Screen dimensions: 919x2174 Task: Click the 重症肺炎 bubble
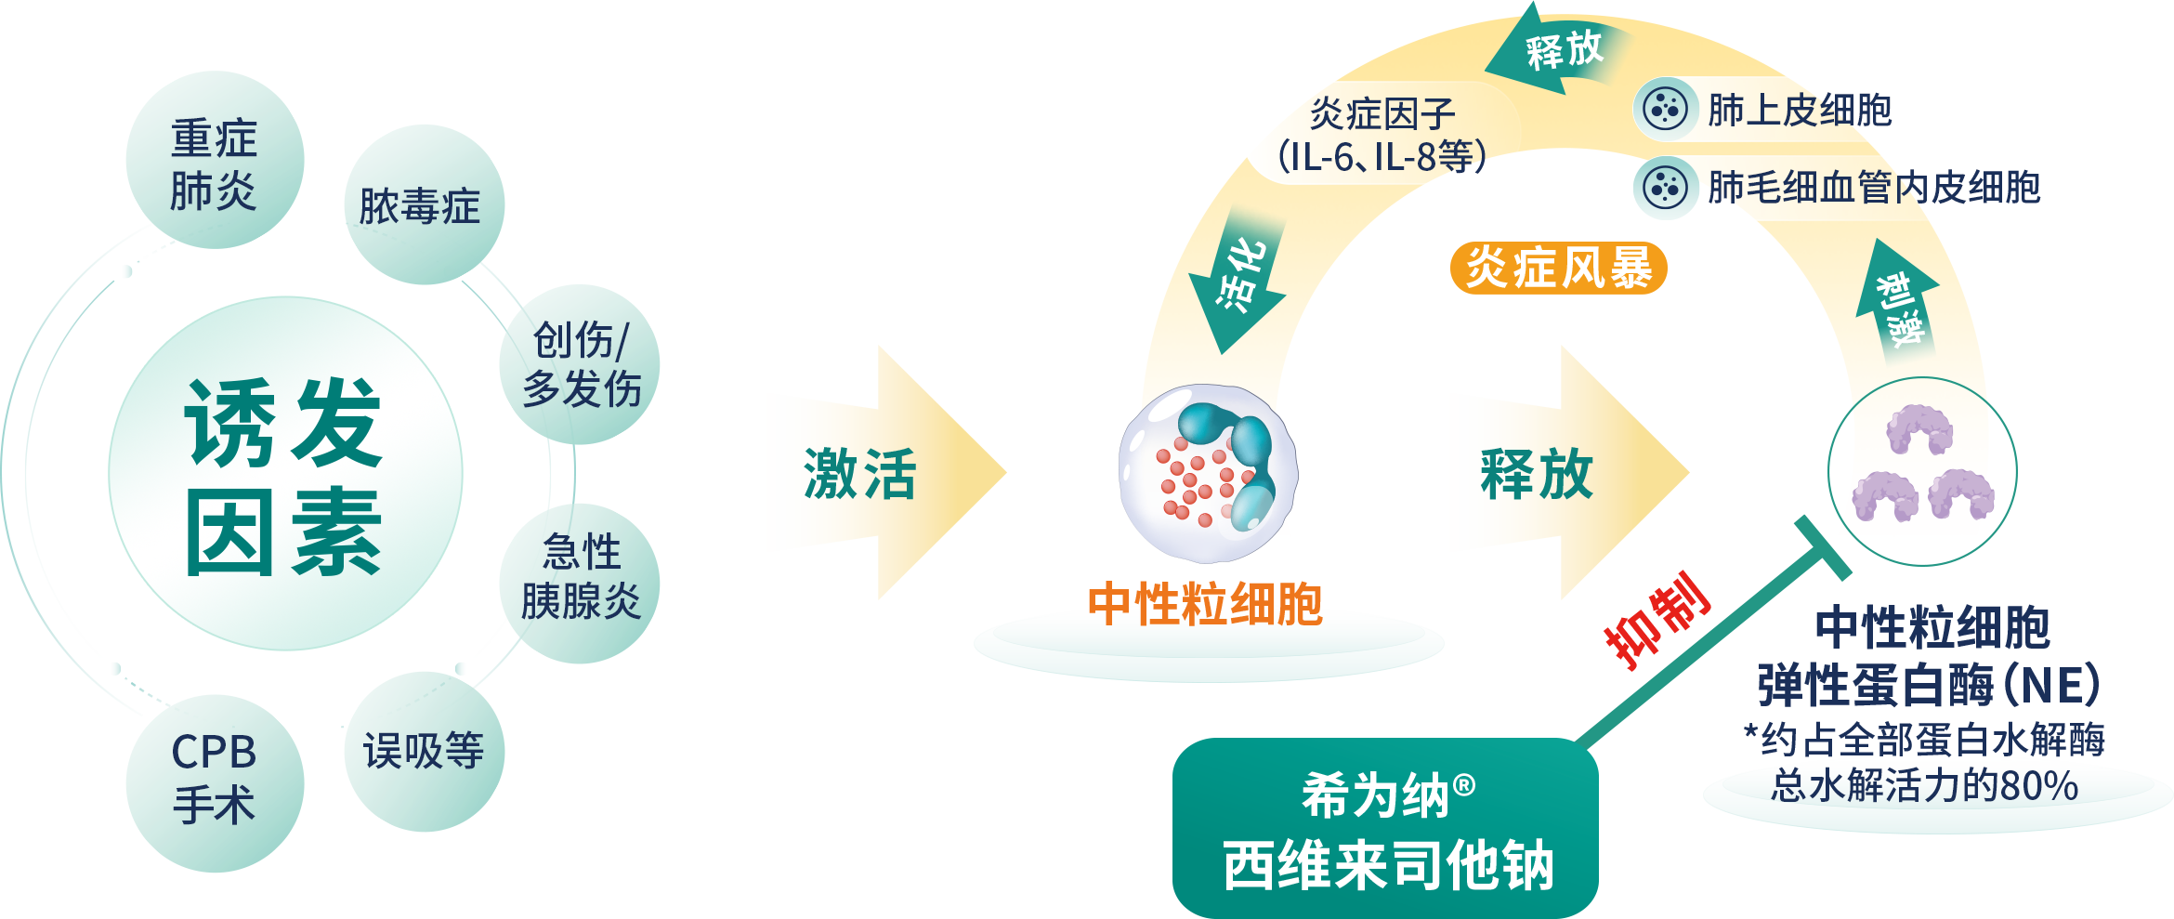[215, 161]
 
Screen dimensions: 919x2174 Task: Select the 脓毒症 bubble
[424, 205]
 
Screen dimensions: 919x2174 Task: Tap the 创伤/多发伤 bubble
[581, 364]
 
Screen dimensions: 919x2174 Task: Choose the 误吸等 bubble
[424, 751]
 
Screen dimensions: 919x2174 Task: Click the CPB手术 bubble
[215, 781]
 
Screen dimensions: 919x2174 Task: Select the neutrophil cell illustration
[1207, 473]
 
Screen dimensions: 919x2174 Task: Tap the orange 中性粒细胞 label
[1205, 604]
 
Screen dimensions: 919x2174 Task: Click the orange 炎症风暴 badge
[1558, 269]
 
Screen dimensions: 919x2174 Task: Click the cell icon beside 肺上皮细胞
[1665, 109]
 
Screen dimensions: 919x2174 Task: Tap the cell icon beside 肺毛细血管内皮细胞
[1665, 187]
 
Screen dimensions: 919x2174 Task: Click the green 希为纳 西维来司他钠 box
[1385, 827]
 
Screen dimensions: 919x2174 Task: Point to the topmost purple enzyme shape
[1919, 428]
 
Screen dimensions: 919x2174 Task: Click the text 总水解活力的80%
[1924, 786]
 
